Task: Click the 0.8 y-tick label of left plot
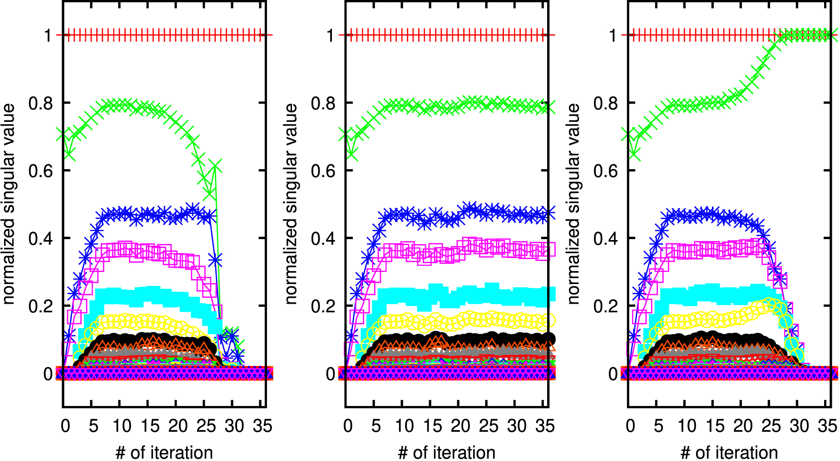tap(40, 103)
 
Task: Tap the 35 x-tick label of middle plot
tap(545, 426)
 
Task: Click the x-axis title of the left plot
tap(164, 452)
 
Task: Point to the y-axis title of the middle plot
tap(291, 204)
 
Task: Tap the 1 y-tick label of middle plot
tap(330, 35)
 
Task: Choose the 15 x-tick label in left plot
tap(149, 426)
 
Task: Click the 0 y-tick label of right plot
tap(613, 374)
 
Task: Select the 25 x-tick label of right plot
tap(771, 426)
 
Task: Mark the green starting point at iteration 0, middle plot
tap(346, 135)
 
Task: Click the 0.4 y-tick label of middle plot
tap(323, 238)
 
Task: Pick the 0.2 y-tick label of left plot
tap(40, 306)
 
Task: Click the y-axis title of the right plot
tap(573, 204)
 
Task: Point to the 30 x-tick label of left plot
tap(234, 426)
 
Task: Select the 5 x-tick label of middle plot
tap(376, 426)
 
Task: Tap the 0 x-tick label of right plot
tap(630, 426)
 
